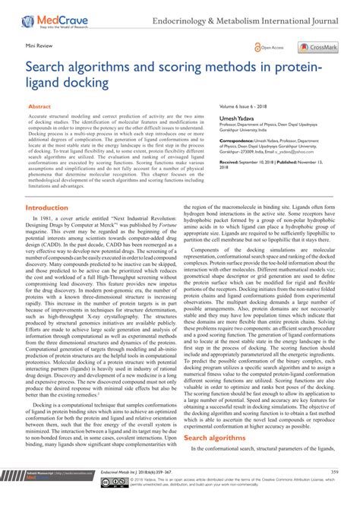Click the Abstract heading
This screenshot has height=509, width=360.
click(x=39, y=108)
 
